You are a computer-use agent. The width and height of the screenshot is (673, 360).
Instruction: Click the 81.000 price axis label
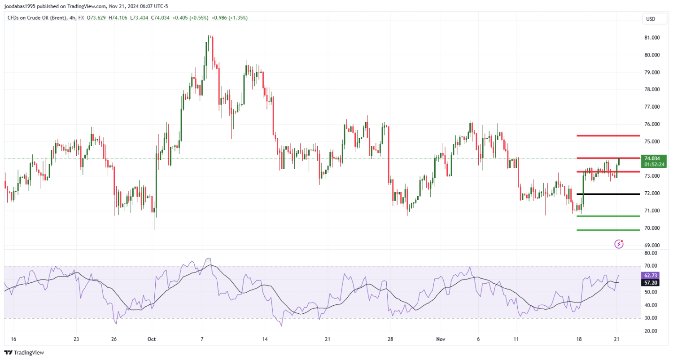click(651, 38)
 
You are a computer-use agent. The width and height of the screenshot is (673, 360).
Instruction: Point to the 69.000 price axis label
click(651, 246)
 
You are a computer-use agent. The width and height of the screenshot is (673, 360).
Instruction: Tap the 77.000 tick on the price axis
click(651, 107)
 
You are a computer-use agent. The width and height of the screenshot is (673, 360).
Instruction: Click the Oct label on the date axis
click(151, 339)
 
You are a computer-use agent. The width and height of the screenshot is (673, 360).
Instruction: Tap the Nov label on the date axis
click(441, 339)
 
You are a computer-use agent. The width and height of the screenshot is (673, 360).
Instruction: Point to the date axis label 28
click(390, 339)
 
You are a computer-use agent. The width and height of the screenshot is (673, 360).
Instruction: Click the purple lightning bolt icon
click(619, 244)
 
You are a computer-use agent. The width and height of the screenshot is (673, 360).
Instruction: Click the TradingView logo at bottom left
click(25, 353)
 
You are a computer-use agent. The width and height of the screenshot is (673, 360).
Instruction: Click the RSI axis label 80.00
click(651, 253)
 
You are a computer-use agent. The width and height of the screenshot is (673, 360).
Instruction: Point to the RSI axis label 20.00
click(651, 331)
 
